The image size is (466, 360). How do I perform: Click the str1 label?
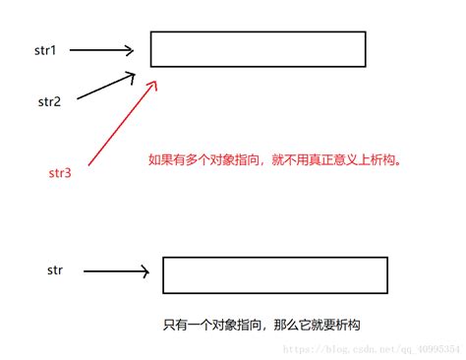45,50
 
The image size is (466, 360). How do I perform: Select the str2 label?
49,101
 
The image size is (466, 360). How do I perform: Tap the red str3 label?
60,173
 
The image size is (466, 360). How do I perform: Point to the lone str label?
55,270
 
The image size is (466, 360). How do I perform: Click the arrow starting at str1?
101,50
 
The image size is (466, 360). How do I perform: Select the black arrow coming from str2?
106,86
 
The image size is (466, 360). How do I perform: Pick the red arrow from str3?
123,123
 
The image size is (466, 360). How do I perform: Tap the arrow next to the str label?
116,271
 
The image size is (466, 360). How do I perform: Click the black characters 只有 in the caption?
175,325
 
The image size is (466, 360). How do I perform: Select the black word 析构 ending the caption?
348,325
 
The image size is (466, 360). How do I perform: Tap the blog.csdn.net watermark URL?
372,349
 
